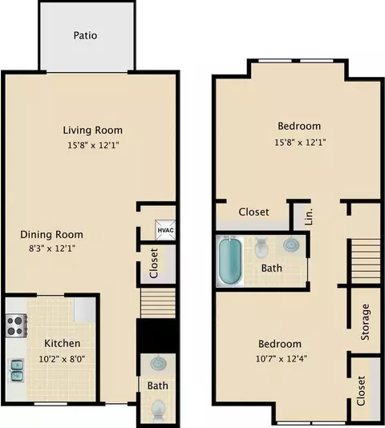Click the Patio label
coord(85,35)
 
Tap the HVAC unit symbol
coord(165,230)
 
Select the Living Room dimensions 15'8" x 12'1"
coord(93,145)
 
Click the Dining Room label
coord(51,235)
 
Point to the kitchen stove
coord(16,325)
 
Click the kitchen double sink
coord(17,370)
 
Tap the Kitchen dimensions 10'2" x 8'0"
coord(62,358)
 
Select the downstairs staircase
coord(158,303)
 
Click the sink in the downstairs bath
coord(158,363)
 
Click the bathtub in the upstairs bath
coord(230,260)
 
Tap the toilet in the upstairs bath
coord(261,248)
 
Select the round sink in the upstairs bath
coord(291,244)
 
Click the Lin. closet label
coord(308,216)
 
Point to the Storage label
coord(365,322)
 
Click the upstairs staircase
coord(366,261)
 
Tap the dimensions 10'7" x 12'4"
coord(282,358)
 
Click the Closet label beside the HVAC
coord(154,264)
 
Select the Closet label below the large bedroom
coord(253,212)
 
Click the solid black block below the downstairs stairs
coord(156,336)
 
